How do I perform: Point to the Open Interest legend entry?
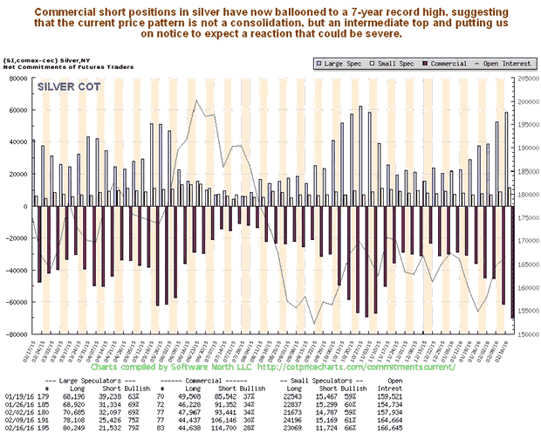(484, 64)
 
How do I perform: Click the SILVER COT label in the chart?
(69, 86)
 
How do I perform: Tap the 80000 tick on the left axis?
(18, 78)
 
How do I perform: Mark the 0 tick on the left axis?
(25, 206)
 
